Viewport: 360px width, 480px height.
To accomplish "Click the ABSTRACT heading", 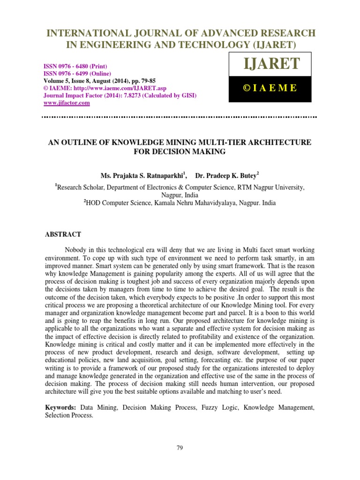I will click(x=63, y=234).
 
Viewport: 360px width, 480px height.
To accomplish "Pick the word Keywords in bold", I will click(x=60, y=408).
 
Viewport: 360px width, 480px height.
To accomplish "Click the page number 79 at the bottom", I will click(x=180, y=448).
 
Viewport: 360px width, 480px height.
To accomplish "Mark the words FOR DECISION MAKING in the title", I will click(x=180, y=151).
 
